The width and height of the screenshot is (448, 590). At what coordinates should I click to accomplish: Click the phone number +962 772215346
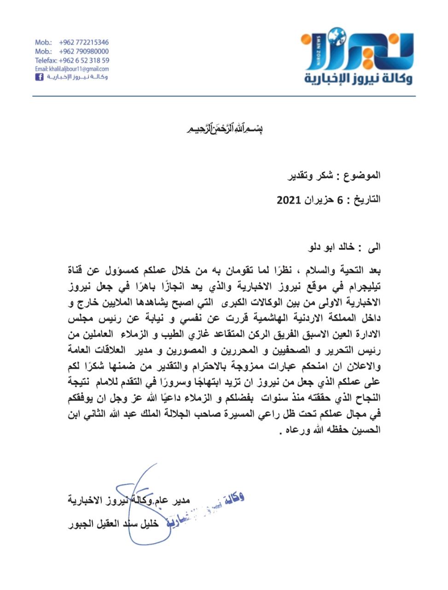coord(84,42)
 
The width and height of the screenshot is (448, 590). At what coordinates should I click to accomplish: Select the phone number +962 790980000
coord(84,51)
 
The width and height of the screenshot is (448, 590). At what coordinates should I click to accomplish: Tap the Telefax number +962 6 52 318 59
coord(84,60)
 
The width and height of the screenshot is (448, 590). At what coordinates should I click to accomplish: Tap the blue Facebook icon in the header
coord(39,77)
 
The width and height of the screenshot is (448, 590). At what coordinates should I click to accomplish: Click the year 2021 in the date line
coord(289,200)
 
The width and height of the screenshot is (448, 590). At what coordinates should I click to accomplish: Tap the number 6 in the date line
coord(340,200)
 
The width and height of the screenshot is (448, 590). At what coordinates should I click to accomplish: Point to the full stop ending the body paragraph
coord(280,433)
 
